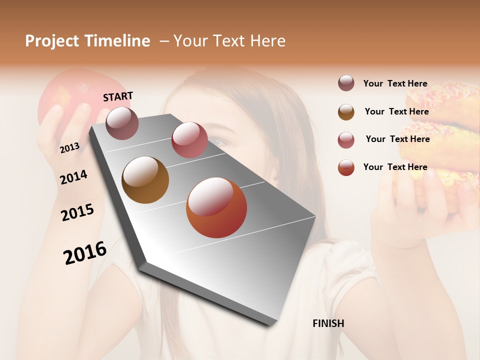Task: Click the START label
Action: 118,96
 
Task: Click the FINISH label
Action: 328,323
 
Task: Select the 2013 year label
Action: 69,147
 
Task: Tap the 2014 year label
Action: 73,177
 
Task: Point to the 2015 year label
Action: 77,212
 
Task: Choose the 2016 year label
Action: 85,252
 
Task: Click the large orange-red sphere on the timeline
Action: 216,207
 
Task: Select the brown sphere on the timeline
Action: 145,180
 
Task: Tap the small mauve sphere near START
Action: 122,123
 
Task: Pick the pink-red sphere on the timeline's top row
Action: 189,139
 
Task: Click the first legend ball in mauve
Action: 346,83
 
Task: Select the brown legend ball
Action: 346,112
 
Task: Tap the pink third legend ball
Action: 346,140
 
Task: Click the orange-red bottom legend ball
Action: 346,167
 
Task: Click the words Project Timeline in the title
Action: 87,41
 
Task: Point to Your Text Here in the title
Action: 229,41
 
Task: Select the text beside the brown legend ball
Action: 396,111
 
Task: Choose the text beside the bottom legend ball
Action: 395,167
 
